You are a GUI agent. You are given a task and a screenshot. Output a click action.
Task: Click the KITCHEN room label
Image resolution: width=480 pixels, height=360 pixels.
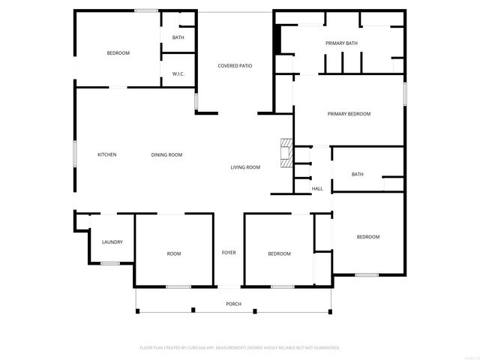point(107,155)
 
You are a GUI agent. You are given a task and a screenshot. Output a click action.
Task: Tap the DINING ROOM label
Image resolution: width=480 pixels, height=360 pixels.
point(166,155)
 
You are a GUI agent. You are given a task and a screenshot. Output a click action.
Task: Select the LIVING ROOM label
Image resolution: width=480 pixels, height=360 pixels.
point(245,167)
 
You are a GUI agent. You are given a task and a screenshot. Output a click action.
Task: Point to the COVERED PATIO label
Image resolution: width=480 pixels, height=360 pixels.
point(235,66)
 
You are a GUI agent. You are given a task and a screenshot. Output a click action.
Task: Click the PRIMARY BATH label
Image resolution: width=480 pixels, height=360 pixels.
point(341,43)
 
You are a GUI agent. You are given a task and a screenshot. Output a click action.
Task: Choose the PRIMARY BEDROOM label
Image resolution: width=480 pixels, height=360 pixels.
point(349,114)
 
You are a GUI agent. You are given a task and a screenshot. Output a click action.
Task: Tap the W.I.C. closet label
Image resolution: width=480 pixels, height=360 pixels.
point(178,73)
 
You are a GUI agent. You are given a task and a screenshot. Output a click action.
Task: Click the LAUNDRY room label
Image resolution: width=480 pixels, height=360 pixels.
point(112,242)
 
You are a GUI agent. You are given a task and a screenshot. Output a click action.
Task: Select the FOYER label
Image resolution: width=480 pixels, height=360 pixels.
point(229,253)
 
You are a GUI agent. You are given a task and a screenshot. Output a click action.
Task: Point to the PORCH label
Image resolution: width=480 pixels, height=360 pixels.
point(234,304)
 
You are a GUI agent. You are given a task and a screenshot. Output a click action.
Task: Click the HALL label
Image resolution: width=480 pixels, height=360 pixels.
point(317,189)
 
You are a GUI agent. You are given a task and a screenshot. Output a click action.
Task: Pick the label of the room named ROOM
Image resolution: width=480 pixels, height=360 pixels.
point(173,254)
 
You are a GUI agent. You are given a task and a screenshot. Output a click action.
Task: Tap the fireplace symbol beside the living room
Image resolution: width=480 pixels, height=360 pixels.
point(285,152)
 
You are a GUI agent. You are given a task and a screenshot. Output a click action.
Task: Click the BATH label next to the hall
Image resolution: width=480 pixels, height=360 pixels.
point(358,175)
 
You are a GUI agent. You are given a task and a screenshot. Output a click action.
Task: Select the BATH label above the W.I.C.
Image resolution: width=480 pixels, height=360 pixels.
point(178,37)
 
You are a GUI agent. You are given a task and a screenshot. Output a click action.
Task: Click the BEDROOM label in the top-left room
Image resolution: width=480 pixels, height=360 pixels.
point(118,53)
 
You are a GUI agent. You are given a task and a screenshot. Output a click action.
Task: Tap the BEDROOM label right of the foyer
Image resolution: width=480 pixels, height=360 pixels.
point(279,254)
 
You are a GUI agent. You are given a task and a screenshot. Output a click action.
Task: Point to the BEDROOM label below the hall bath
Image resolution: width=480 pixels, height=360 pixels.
point(367,237)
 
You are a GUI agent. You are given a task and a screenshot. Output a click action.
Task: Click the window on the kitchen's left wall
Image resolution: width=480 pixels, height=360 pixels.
point(74,154)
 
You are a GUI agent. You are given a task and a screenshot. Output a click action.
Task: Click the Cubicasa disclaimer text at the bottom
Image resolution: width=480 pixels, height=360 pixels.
point(240,348)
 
